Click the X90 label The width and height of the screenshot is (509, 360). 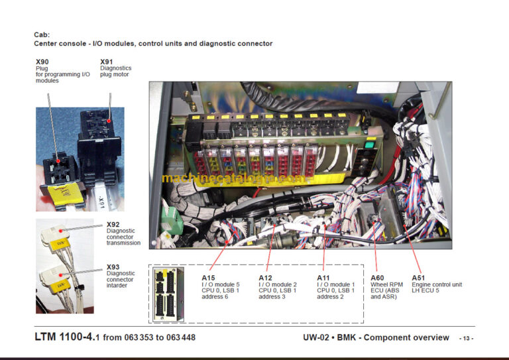42,62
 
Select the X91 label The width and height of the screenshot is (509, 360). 107,62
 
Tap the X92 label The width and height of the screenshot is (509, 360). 113,225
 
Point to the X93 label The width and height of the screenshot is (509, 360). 113,267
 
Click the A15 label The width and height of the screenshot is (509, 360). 208,278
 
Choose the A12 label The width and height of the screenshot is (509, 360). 266,278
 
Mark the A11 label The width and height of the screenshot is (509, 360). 323,278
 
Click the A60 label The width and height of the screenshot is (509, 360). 377,278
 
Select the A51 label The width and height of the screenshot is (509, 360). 418,278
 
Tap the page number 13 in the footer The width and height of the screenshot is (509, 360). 467,339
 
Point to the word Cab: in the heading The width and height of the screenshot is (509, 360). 42,34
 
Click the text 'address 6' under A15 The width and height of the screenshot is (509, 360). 215,297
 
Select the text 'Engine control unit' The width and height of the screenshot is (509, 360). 437,284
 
